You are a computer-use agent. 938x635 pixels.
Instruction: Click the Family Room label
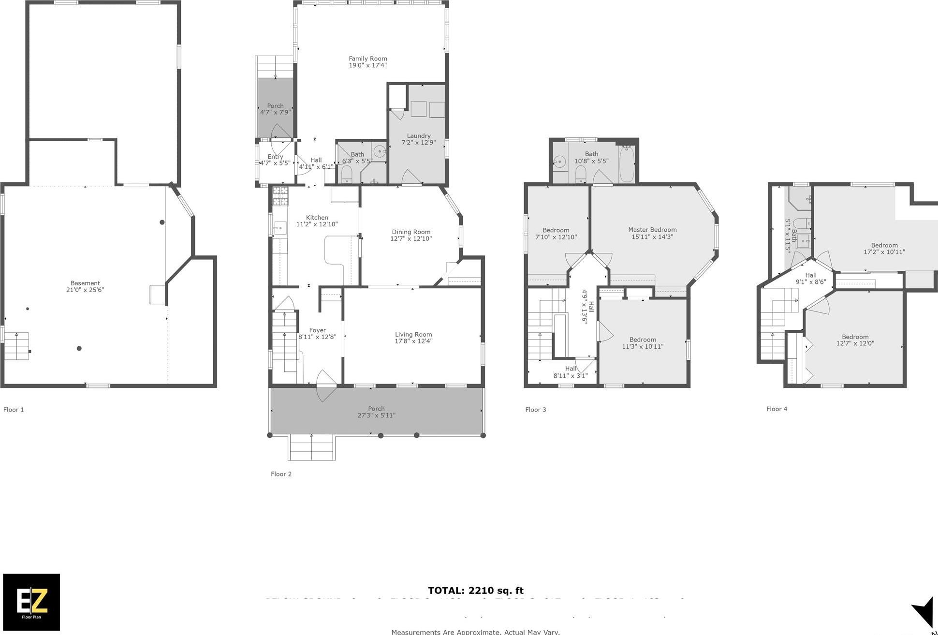click(x=368, y=59)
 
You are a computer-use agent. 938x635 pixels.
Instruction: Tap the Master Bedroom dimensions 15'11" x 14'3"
click(x=652, y=237)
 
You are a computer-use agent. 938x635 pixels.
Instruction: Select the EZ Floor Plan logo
click(x=31, y=602)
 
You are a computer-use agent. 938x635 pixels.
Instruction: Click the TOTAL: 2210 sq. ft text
click(x=476, y=591)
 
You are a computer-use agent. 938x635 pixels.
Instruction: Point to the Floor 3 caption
click(x=536, y=410)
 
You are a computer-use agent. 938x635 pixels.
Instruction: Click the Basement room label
click(x=85, y=283)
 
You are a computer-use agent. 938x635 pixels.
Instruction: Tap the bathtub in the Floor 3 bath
click(x=627, y=165)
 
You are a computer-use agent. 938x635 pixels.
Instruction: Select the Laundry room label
click(x=419, y=136)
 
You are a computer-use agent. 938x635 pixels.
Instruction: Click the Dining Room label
click(x=411, y=232)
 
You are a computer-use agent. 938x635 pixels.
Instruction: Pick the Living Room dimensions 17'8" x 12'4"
click(x=413, y=341)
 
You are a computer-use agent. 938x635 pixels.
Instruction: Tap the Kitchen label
click(x=317, y=218)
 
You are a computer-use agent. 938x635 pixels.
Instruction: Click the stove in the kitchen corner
click(x=280, y=196)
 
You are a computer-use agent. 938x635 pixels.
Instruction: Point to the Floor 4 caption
click(x=777, y=409)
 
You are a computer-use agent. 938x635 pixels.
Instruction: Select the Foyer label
click(x=318, y=330)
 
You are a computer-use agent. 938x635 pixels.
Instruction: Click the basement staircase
click(x=17, y=346)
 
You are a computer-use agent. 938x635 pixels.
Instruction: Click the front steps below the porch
click(x=312, y=447)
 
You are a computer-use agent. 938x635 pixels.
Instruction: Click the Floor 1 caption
click(x=14, y=410)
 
